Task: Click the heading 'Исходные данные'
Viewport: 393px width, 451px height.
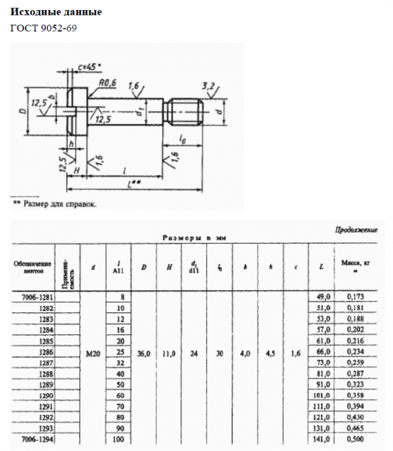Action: point(56,12)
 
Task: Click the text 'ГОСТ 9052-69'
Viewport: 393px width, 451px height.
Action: point(44,27)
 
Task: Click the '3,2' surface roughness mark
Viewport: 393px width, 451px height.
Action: point(208,86)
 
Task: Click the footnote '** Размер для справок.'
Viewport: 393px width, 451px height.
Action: point(55,204)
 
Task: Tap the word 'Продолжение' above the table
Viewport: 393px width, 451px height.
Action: point(356,230)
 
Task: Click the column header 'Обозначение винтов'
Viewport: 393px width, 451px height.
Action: point(32,266)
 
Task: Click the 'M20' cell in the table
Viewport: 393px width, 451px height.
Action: point(93,352)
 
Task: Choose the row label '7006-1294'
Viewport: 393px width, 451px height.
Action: point(37,439)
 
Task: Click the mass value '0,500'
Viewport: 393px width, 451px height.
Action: point(355,439)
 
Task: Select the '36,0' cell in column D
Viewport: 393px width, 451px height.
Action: point(144,352)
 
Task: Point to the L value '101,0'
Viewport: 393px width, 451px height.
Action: point(322,395)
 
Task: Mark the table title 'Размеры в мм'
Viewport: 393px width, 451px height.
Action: point(195,237)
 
